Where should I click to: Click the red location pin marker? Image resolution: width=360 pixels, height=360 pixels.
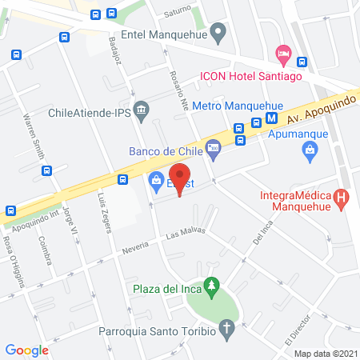coord(179,180)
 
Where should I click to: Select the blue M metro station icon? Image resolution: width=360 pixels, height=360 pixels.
coord(272,117)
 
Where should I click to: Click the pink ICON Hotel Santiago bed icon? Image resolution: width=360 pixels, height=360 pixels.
coord(282,54)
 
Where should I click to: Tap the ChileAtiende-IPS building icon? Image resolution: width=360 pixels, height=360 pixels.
coord(141,109)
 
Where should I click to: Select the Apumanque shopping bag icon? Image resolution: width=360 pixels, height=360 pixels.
coord(309,149)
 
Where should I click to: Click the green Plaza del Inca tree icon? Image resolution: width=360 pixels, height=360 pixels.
coord(211,284)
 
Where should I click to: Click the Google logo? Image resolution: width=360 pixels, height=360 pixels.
coord(27,350)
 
